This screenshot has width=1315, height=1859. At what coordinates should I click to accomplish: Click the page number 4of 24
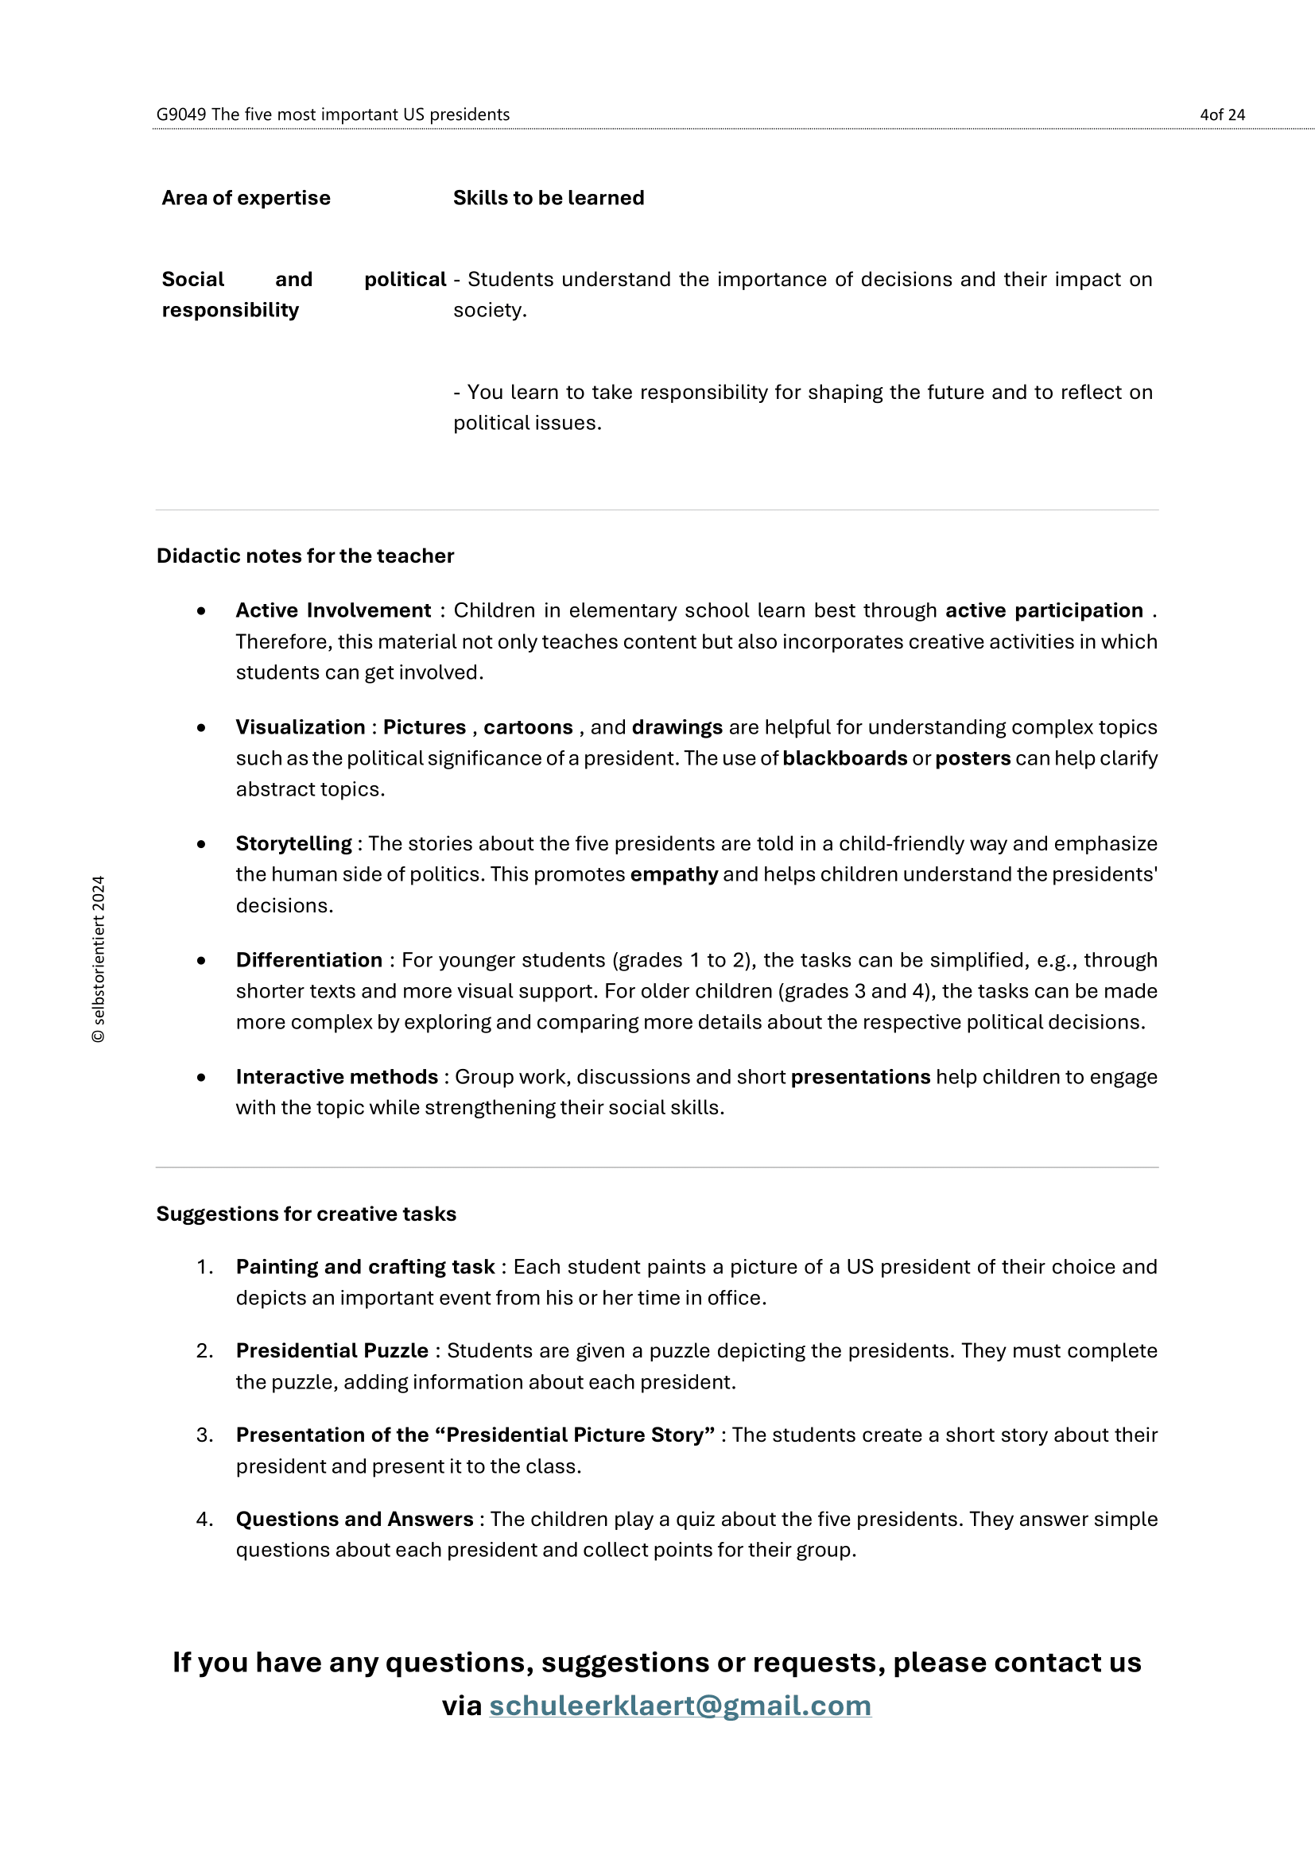1221,115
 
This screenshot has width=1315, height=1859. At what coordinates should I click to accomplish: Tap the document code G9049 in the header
180,115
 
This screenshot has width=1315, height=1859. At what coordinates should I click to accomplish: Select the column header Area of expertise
246,199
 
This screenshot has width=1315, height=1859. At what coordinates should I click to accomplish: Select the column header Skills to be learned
549,199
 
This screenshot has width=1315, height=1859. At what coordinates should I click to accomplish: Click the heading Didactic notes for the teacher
305,556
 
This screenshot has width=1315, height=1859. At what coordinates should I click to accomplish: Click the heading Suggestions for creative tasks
306,1214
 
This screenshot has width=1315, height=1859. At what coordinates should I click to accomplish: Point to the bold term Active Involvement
333,610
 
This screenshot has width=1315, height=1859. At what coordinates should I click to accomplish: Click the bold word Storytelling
293,844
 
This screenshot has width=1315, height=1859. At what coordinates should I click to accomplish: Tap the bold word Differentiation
308,960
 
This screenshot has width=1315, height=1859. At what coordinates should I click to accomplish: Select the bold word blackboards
844,759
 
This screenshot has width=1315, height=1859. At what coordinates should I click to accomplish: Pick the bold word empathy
673,874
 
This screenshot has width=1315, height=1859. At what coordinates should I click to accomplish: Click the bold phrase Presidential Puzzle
332,1350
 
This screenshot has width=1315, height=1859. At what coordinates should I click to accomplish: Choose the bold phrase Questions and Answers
354,1519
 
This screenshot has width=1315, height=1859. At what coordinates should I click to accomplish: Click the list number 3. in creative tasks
205,1435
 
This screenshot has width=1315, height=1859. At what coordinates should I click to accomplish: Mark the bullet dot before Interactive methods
201,1078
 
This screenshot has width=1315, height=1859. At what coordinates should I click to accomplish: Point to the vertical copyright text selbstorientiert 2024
98,959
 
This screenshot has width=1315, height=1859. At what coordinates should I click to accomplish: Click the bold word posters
972,759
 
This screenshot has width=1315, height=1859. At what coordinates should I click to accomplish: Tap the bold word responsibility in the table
230,310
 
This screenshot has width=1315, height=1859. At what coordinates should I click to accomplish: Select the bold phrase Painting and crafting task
364,1267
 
